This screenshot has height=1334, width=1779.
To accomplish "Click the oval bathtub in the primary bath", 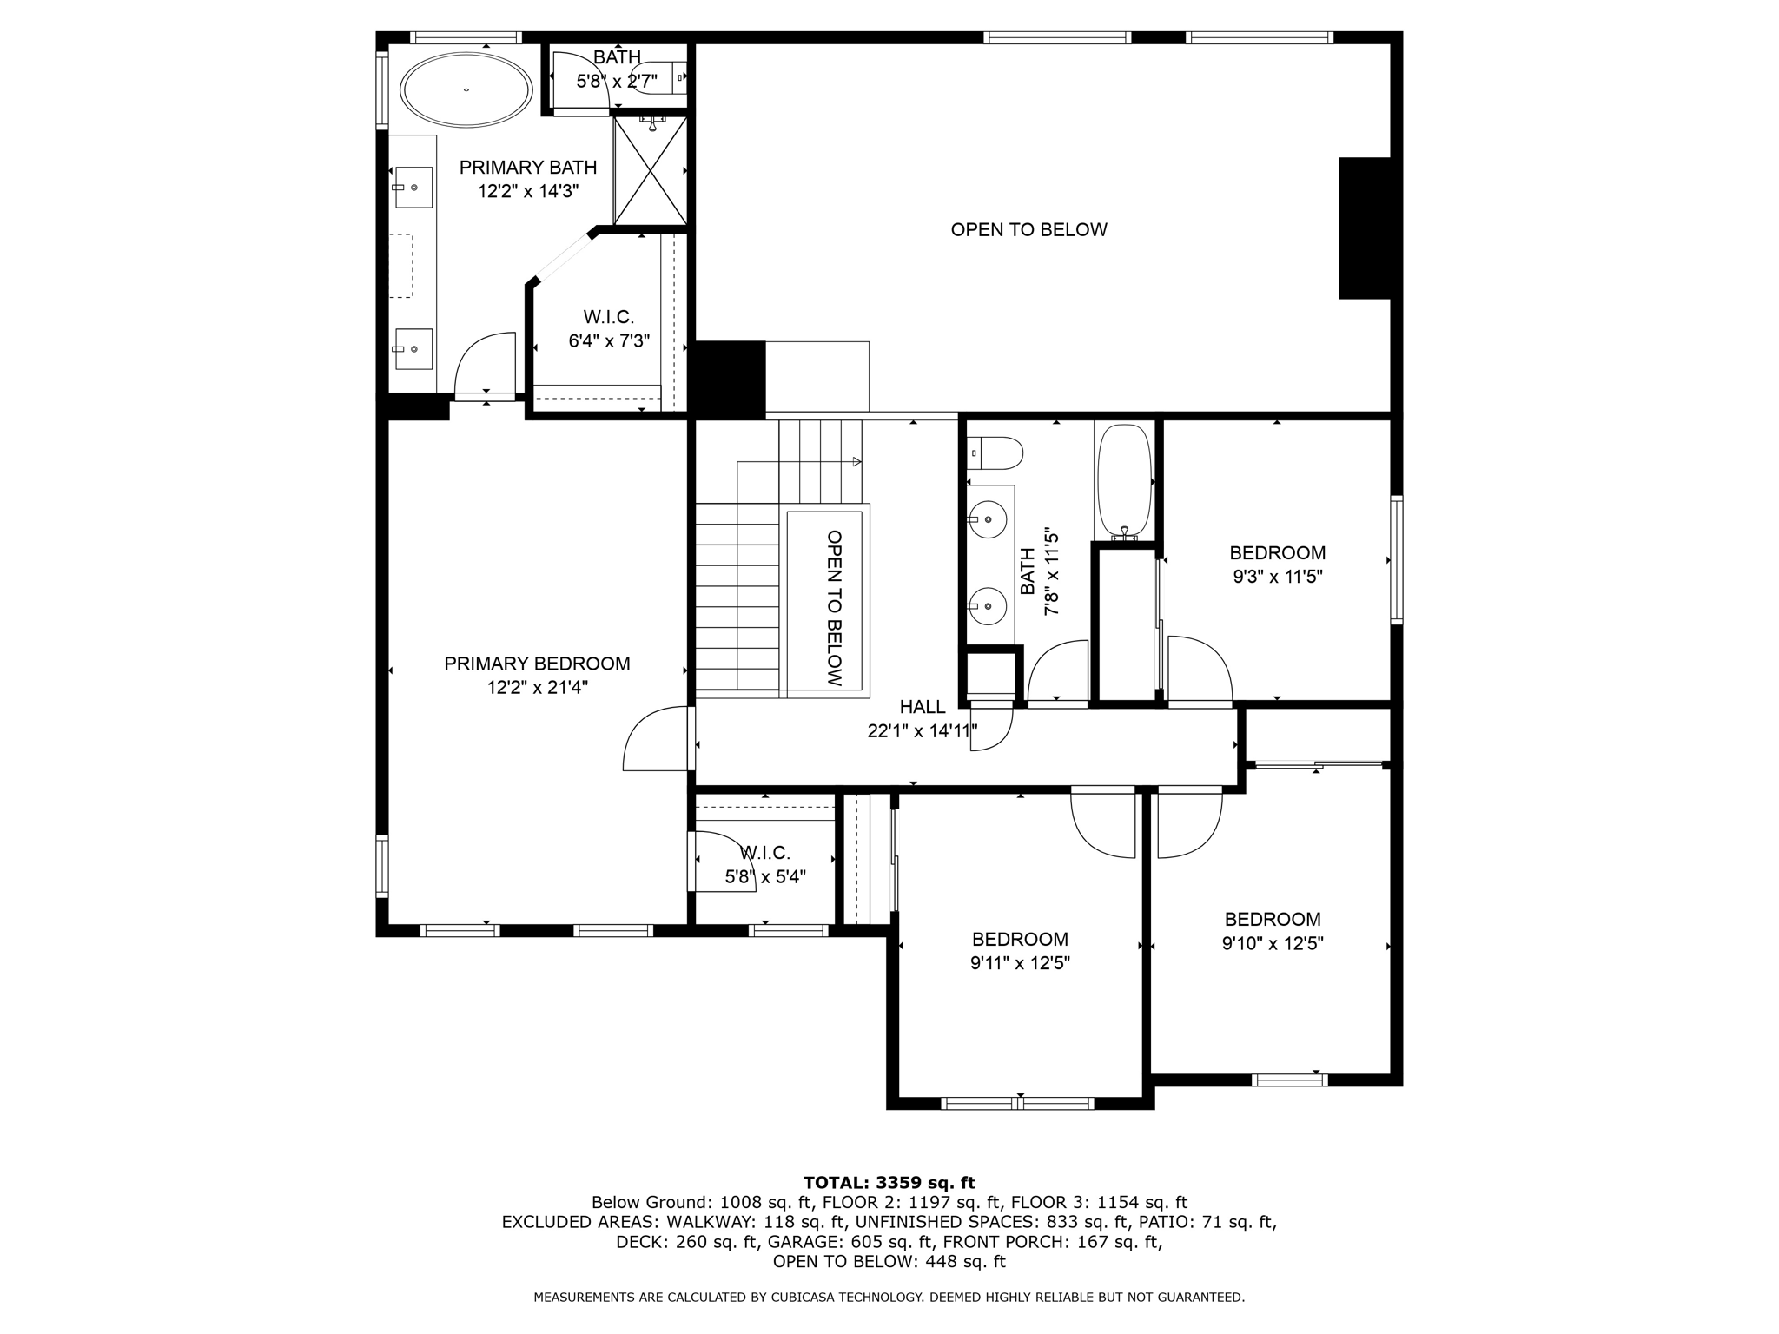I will pos(466,89).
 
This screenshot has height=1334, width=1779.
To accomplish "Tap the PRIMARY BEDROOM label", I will pos(537,664).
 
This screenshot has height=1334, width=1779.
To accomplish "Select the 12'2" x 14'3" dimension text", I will pos(527,191).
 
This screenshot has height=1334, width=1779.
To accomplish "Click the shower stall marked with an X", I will pos(650,170).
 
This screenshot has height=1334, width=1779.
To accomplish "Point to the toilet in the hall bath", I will pos(995,452).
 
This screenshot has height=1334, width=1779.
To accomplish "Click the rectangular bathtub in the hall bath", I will pos(1124,481).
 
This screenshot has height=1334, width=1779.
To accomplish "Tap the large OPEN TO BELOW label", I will pos(1028,230).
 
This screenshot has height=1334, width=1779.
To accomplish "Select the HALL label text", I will pos(922,707).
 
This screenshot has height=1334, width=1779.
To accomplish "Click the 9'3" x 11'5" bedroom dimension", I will pos(1277,577).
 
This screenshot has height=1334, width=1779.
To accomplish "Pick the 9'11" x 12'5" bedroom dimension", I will pos(1020,963).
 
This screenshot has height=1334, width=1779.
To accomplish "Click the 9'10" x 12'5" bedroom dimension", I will pos(1272,943).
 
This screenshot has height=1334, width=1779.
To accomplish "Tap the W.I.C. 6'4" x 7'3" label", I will pos(608,330).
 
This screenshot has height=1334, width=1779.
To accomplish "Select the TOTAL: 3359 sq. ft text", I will pos(889,1183).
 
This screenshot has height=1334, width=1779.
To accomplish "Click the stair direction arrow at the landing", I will pos(856,462).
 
